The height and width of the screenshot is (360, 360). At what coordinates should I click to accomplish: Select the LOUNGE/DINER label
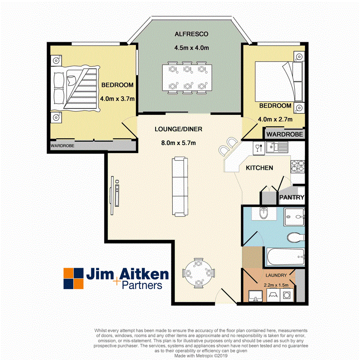(178, 129)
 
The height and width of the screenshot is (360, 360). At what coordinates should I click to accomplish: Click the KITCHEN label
(259, 168)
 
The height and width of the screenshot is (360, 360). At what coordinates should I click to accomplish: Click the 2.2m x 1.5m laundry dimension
(276, 285)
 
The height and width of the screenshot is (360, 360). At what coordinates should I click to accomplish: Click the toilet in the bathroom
(294, 238)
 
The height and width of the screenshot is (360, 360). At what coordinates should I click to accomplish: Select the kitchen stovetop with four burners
(298, 166)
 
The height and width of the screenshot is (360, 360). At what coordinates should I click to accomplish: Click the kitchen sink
(275, 148)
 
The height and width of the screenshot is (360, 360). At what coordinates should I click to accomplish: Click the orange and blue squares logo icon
(74, 278)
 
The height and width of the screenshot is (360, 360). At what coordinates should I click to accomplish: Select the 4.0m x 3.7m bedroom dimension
(117, 98)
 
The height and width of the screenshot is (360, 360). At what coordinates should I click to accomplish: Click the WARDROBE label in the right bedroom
(284, 134)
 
